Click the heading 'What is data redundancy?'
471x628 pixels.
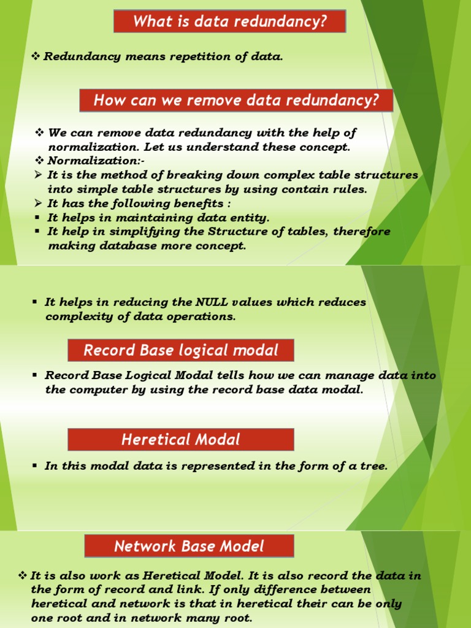pos(229,22)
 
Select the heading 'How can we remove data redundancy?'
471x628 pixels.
pos(236,100)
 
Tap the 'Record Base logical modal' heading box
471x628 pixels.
pos(180,350)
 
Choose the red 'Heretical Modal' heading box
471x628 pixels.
pos(180,439)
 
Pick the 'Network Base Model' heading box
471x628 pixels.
pos(189,546)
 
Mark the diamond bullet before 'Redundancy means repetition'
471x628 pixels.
pos(36,57)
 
